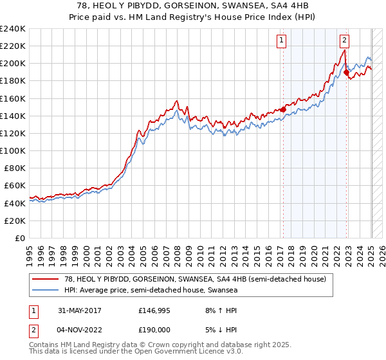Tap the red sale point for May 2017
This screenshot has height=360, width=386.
pyautogui.click(x=282, y=110)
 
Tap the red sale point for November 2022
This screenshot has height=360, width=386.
pyautogui.click(x=346, y=73)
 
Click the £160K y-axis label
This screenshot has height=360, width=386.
pyautogui.click(x=13, y=98)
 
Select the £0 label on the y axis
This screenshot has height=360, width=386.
pyautogui.click(x=19, y=238)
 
